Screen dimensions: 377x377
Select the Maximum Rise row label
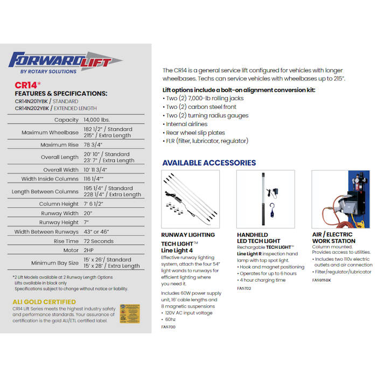60,145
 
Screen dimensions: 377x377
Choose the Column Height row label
59,204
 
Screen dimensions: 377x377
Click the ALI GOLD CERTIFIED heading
44,302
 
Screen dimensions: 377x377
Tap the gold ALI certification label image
130,314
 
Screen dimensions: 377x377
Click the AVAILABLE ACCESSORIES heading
209,163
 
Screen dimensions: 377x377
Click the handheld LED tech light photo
266,199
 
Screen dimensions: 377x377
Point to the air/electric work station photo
341,199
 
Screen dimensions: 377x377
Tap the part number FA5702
245,288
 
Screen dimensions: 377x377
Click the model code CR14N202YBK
33,108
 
